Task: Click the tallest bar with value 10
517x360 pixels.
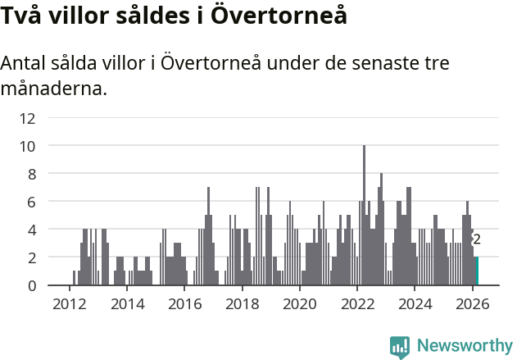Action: (x=364, y=215)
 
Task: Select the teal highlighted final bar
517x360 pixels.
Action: (x=477, y=271)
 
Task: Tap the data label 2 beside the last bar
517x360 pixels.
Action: (x=476, y=239)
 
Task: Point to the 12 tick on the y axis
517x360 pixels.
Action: (x=27, y=118)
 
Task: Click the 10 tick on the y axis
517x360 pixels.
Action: (x=27, y=146)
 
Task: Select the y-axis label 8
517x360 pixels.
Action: (x=31, y=174)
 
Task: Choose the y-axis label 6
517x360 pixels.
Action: (x=31, y=202)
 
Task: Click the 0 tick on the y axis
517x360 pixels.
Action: (x=31, y=285)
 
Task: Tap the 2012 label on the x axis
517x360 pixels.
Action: (x=69, y=303)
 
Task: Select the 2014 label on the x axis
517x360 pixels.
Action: (x=126, y=303)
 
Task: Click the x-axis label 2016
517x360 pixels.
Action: (x=184, y=303)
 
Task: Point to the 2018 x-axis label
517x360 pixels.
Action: (x=242, y=303)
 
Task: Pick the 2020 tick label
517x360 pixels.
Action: (x=299, y=303)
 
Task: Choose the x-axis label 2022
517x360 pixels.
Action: (x=357, y=303)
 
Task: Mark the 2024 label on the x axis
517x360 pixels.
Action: (x=415, y=303)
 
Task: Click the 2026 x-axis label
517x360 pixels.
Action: (x=473, y=303)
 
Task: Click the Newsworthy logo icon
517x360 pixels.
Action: (x=399, y=346)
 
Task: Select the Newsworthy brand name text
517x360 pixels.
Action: (x=464, y=346)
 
